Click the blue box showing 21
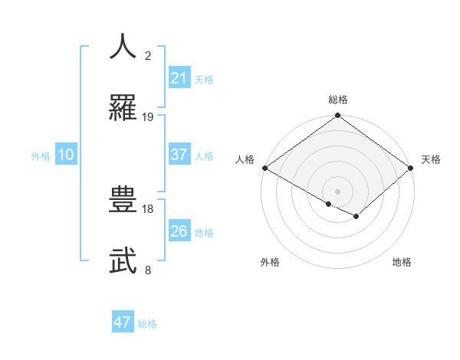coord(179,78)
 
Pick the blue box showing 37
coord(179,155)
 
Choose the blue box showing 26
coord(179,231)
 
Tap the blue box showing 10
coord(66,155)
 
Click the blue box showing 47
coord(123,322)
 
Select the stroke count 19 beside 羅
coord(148,117)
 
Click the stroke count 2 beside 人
coord(148,56)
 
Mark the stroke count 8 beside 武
coord(148,270)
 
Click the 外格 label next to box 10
coord(41,155)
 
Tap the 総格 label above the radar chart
coord(338,100)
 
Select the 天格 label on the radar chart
coord(432,159)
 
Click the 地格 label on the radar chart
coord(402,262)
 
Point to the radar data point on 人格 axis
coord(264,168)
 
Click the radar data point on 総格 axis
coord(338,116)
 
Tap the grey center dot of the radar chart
coord(338,191)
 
